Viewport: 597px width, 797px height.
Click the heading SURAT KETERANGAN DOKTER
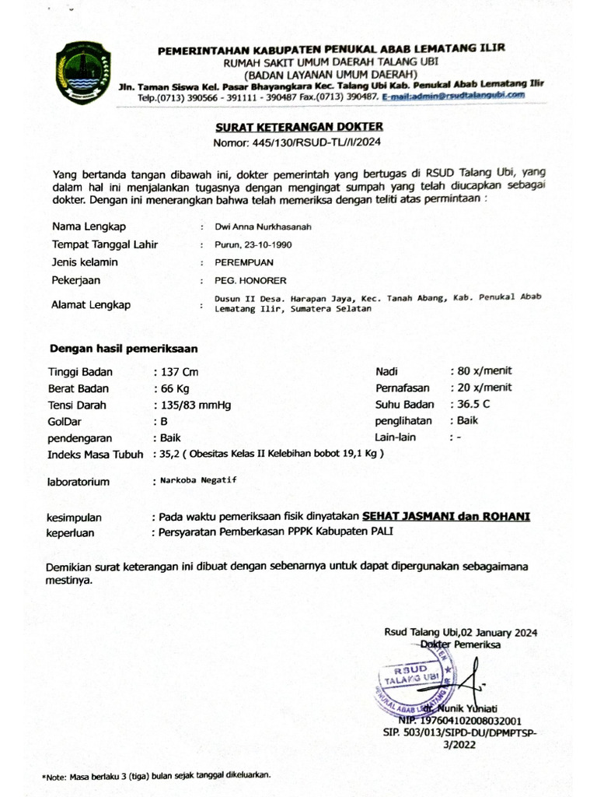pos(299,127)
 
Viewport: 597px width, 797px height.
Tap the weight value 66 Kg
pos(175,388)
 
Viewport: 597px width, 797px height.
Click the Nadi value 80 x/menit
pos(484,370)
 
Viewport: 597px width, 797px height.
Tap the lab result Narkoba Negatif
pos(198,480)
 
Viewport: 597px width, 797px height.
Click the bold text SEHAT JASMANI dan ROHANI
pos(445,516)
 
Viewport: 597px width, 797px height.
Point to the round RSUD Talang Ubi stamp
pos(416,680)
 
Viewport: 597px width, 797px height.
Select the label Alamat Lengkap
pos(90,305)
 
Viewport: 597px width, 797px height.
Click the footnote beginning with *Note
pos(155,775)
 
